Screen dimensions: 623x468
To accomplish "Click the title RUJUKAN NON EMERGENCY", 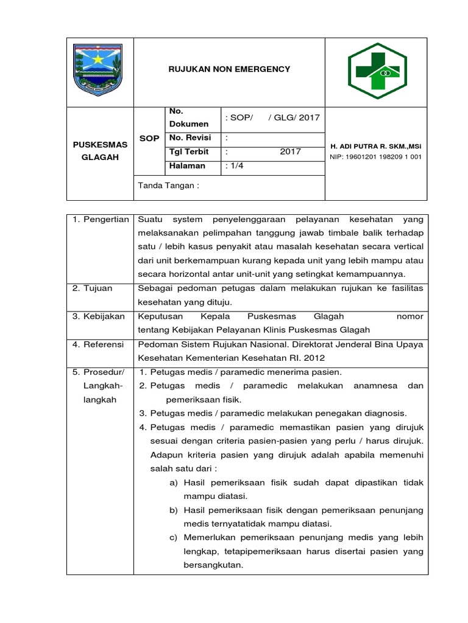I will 229,69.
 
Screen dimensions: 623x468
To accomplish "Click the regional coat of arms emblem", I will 97,69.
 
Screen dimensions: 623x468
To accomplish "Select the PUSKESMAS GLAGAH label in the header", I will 100,151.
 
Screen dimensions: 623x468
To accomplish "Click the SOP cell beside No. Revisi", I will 149,139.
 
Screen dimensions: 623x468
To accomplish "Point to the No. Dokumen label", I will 188,117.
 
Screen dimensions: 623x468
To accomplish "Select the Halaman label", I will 188,166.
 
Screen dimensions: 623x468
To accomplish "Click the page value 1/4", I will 234,166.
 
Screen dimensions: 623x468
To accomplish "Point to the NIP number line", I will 375,157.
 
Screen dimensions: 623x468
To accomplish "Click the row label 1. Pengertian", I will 101,219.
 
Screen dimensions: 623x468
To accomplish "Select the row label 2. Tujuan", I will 93,288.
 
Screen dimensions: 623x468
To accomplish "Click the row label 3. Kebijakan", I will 99,316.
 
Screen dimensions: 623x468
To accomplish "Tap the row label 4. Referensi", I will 99,344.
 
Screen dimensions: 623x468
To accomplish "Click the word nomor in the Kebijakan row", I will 409,316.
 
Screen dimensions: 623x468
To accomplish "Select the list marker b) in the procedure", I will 173,510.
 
